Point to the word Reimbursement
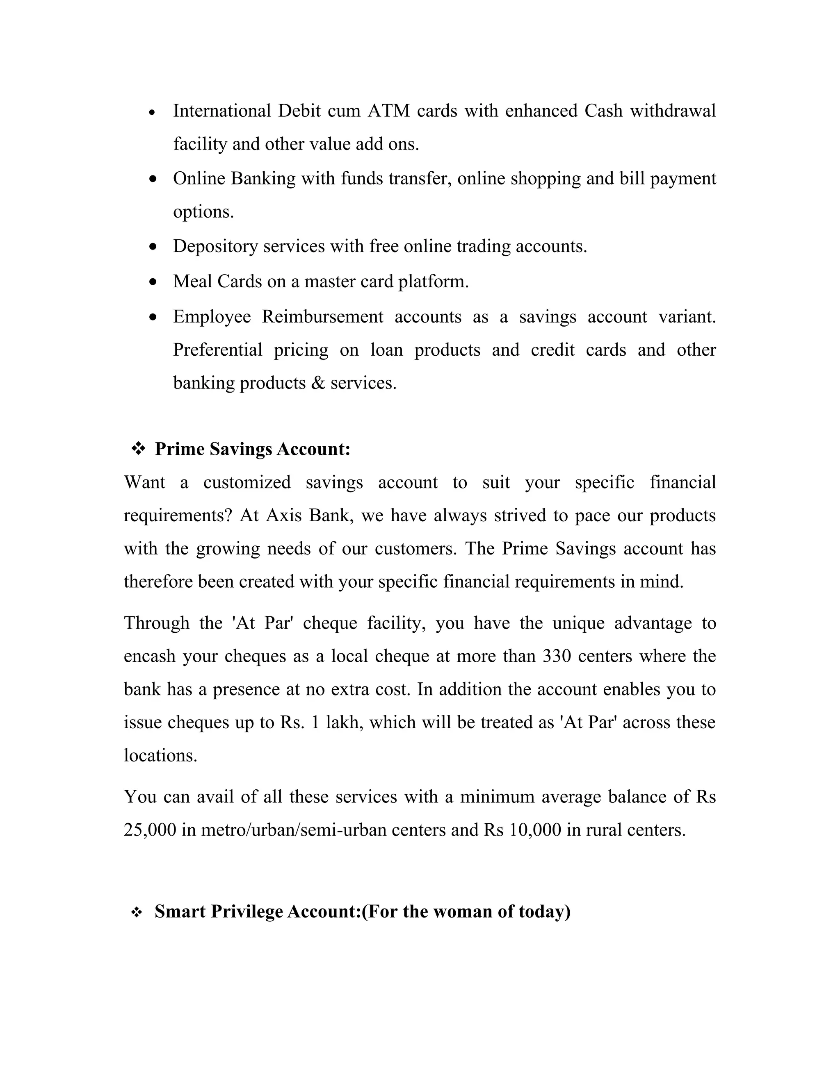pyautogui.click(x=322, y=317)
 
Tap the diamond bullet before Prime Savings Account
pyautogui.click(x=138, y=449)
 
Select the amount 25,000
pyautogui.click(x=150, y=830)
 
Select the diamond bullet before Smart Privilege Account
pyautogui.click(x=136, y=913)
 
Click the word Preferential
pyautogui.click(x=217, y=350)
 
